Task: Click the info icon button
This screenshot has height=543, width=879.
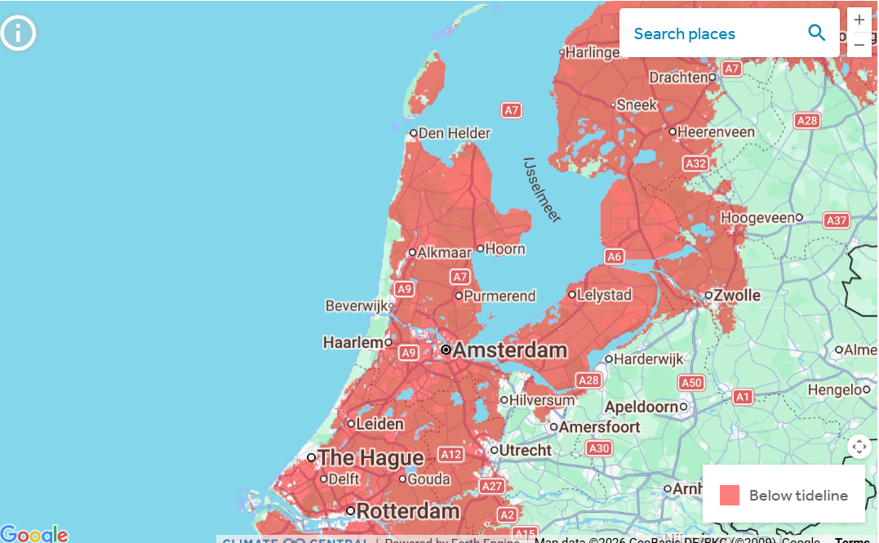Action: point(18,33)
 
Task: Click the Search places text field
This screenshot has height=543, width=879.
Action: point(710,33)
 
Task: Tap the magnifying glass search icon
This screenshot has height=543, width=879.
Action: point(816,33)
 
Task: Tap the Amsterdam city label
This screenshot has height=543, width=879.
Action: point(509,350)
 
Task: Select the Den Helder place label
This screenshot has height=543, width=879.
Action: point(455,133)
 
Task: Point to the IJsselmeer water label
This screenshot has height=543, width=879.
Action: point(542,189)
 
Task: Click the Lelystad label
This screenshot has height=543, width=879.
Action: point(604,295)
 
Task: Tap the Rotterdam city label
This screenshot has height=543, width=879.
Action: point(408,511)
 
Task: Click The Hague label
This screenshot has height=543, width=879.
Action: point(371,457)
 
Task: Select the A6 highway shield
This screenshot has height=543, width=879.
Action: point(615,257)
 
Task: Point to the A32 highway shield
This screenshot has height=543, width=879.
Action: point(695,163)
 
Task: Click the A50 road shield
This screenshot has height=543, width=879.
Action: point(691,382)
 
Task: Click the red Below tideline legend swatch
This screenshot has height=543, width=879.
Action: point(730,495)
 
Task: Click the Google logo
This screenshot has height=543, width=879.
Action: point(34,534)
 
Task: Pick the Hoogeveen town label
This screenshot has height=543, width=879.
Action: point(757,218)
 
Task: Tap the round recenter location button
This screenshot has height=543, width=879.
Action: point(859,447)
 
